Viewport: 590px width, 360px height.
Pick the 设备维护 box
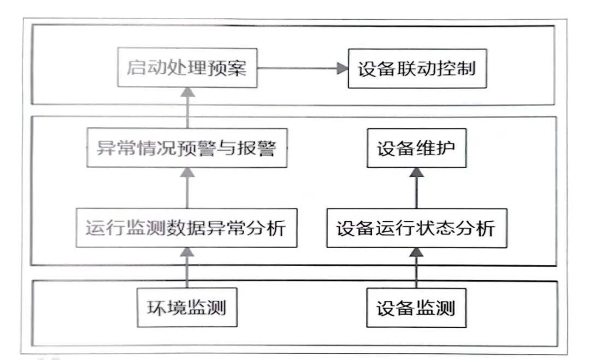pos(416,149)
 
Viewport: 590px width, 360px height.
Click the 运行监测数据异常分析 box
pos(187,228)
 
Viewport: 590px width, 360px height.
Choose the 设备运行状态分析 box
pos(416,228)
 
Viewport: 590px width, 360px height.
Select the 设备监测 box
pos(416,308)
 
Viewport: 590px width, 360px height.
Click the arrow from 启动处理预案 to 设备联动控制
pos(303,68)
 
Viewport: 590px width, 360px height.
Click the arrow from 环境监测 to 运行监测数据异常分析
pos(187,268)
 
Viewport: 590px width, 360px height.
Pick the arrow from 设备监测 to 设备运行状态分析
pos(416,268)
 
